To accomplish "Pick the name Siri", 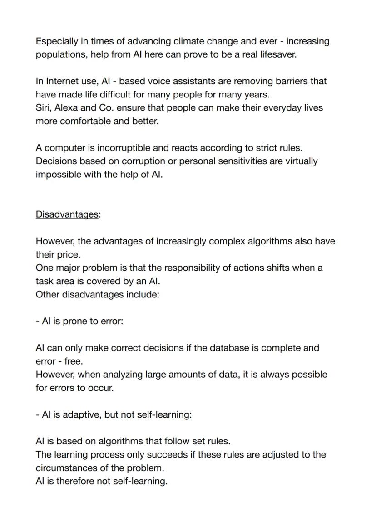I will (43, 108).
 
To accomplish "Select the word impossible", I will (59, 175).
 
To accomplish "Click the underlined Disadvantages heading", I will (67, 214).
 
